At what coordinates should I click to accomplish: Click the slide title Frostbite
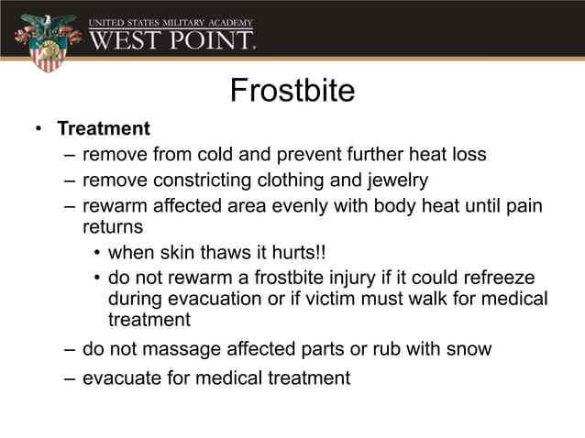pyautogui.click(x=292, y=91)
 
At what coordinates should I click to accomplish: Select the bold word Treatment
pyautogui.click(x=104, y=129)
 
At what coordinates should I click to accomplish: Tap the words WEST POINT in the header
pyautogui.click(x=171, y=39)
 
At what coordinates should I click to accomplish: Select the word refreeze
pyautogui.click(x=495, y=277)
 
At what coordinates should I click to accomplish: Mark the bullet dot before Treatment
pyautogui.click(x=39, y=129)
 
